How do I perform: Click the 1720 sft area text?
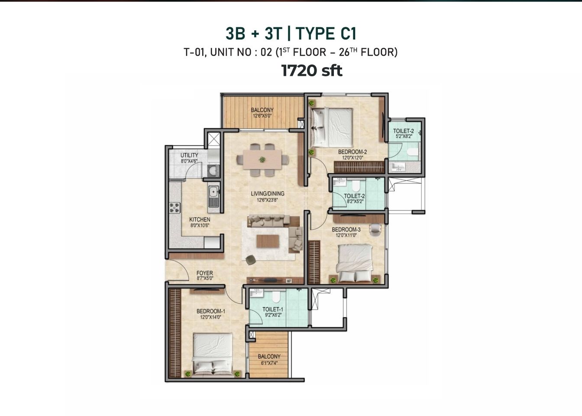pos(312,71)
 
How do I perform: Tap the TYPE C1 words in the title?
pos(326,34)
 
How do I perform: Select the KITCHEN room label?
pos(200,219)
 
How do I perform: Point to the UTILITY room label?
pos(189,155)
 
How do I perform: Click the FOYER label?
pos(205,273)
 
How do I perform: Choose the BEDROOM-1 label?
pos(211,311)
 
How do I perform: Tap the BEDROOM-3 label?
pos(346,230)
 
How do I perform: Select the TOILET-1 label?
pos(273,309)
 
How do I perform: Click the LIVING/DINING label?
pos(267,193)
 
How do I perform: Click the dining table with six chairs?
pos(262,159)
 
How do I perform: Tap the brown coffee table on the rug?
pos(268,241)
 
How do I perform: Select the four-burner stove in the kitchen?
pos(175,208)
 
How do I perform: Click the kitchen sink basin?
pos(213,192)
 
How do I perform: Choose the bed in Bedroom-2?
pos(332,127)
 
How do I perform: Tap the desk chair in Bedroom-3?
pos(374,230)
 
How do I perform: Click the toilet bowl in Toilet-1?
pos(275,297)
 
